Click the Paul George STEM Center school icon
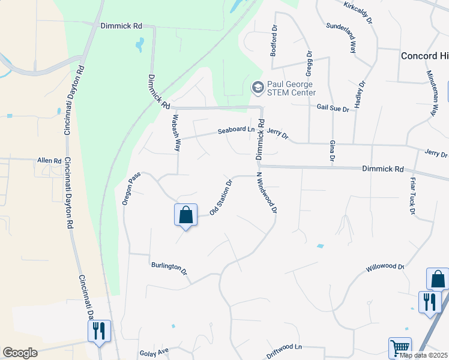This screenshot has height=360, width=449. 258,88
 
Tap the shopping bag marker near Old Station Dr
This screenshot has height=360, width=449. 185,215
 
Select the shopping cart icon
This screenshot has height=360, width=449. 399,347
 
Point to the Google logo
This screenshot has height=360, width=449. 20,353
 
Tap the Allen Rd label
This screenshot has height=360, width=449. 49,161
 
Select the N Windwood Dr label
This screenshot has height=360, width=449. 267,193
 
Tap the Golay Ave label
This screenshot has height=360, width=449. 155,353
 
